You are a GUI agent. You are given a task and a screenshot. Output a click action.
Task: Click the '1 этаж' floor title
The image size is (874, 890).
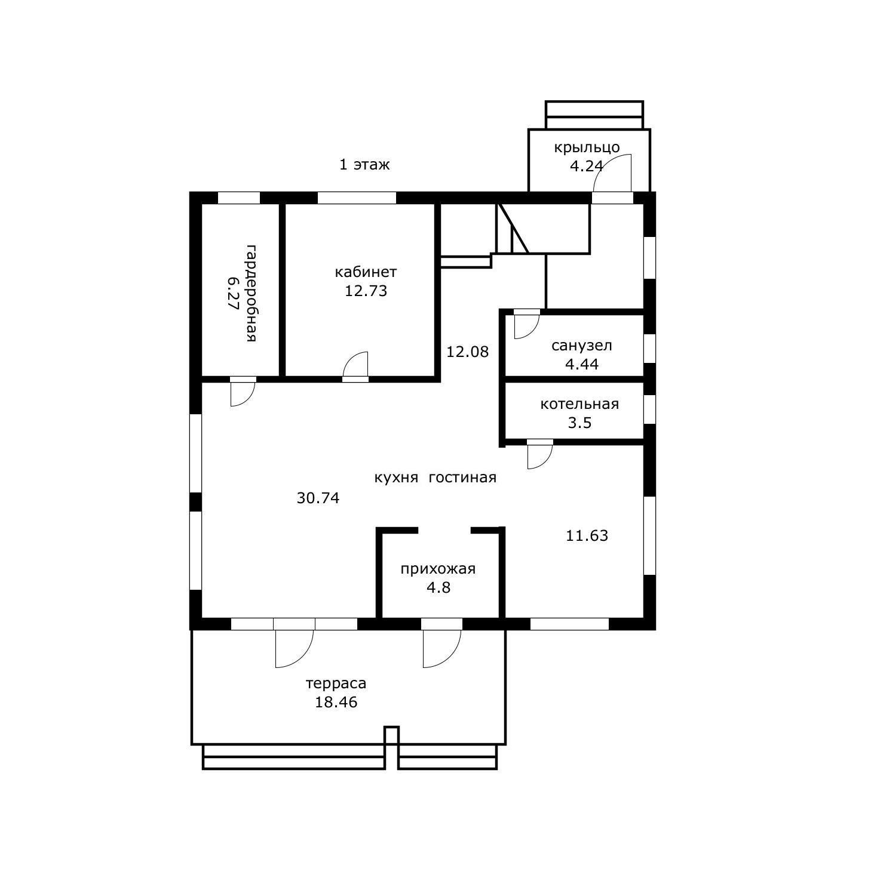coord(364,164)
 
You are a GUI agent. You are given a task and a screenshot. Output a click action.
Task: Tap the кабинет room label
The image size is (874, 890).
coord(366,272)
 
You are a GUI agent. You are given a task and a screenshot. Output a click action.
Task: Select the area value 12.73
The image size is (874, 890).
coord(366,291)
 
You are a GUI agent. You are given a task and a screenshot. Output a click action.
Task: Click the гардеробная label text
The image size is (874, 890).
coord(251,292)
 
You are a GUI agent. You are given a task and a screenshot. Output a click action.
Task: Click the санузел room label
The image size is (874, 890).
coord(582,346)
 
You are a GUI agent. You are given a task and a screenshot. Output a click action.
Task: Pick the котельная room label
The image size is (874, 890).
coord(579,404)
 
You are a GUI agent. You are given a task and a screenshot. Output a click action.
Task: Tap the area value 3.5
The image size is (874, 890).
coord(579,423)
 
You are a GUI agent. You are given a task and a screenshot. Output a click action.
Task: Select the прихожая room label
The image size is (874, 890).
coord(438,569)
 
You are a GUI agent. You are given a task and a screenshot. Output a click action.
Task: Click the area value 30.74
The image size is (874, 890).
coord(318,498)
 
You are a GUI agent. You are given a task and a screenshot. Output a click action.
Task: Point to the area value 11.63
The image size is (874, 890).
coord(587,535)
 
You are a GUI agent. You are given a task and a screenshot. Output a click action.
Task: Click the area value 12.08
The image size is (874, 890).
coord(468,352)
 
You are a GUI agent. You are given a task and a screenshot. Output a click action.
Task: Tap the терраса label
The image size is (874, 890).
coord(336,683)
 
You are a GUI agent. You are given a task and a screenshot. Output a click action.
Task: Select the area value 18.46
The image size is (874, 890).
coord(336,702)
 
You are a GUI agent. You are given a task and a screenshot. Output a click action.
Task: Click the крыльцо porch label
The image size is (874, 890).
coord(587,147)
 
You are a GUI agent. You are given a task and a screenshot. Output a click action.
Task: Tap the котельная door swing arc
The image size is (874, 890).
coord(545,461)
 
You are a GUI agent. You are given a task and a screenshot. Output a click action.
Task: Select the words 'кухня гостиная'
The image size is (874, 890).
coord(436,478)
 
